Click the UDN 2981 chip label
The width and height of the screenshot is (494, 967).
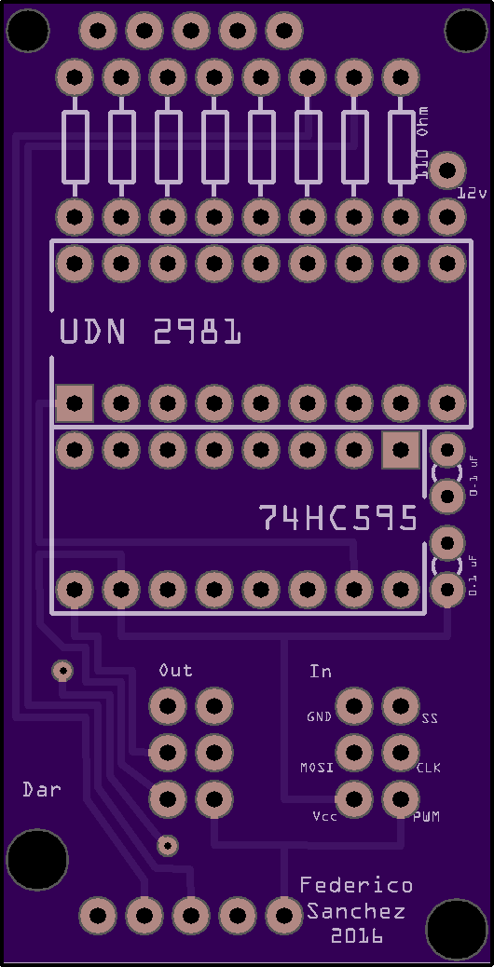coord(150,333)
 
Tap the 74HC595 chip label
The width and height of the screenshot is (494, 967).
coord(338,518)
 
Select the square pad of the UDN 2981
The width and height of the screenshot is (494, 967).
coord(75,403)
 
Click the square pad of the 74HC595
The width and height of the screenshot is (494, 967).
coord(401,450)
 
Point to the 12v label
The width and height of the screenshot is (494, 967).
coord(473,193)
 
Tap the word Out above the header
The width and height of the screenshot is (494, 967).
coord(176,670)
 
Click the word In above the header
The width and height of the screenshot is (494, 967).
coord(321,671)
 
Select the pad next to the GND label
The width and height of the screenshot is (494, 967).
coord(354,705)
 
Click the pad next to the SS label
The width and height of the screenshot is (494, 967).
coord(401,705)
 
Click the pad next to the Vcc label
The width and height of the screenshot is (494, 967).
coord(354,798)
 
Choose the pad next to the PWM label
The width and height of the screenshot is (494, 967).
coord(401,798)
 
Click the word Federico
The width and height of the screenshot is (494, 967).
coord(356,886)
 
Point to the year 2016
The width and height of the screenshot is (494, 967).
coord(356,935)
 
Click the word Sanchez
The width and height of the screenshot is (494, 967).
coord(356,911)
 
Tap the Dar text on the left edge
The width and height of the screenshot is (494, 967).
coord(42,789)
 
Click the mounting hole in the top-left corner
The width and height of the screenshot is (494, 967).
coord(27,30)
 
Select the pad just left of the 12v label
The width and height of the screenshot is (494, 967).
coord(447,170)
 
